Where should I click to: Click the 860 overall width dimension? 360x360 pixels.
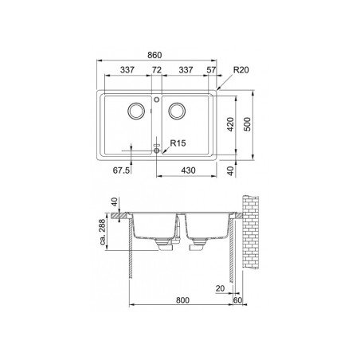point(155,54)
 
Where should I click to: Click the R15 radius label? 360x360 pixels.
point(177,144)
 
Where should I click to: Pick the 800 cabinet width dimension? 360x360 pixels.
point(183,300)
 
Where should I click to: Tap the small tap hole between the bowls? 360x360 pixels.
point(156,101)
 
